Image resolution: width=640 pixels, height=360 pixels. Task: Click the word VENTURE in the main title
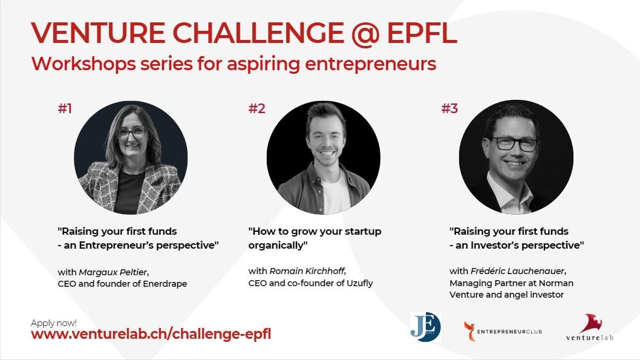pos(98,33)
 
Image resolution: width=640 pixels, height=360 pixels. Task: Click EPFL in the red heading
pos(422,33)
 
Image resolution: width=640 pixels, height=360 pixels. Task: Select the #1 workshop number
pos(65,108)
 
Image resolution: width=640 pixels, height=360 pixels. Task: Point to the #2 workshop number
pos(256,108)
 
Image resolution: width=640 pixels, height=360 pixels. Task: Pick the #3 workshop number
pos(449,108)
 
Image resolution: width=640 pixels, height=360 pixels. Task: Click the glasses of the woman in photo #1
pos(132,133)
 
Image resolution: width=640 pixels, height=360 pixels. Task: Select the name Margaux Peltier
pos(113,272)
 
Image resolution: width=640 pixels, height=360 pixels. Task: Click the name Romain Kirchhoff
pos(307,271)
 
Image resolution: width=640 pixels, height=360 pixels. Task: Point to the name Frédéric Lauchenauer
pos(518,271)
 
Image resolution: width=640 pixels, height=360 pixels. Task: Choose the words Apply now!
pos(53,323)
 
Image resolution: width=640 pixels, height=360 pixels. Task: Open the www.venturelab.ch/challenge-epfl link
pos(151,334)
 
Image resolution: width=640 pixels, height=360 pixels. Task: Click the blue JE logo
pos(426,327)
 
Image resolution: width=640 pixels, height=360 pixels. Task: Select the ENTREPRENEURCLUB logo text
pos(509,332)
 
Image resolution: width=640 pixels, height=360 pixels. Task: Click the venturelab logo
pos(590,327)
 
